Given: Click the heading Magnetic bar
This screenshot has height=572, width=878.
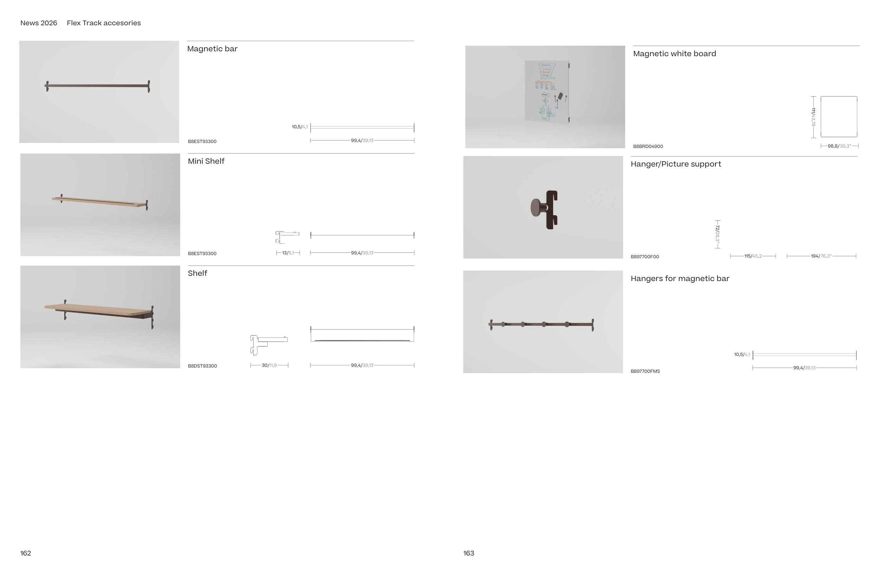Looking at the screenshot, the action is coord(212,49).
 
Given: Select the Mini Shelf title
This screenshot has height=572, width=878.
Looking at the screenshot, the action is coord(206,161).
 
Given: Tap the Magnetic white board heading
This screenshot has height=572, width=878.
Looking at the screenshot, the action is coord(674,54).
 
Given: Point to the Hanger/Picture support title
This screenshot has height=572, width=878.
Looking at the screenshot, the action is coord(675,164).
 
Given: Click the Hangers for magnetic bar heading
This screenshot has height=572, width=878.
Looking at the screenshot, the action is coord(680,279).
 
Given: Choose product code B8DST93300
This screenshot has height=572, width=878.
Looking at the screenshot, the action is coord(202,366).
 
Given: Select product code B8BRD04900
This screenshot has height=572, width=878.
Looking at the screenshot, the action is coord(648,147).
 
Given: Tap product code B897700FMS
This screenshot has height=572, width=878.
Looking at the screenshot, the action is coord(645,372).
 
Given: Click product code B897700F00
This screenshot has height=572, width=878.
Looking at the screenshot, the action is coord(644,257).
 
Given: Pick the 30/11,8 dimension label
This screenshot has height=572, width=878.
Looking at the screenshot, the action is coord(269,365).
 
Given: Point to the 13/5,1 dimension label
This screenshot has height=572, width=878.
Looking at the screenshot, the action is coord(288,253).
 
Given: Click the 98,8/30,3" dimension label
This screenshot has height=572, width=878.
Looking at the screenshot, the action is coord(839,146).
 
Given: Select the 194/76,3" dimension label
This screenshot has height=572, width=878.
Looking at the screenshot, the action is coord(821,256).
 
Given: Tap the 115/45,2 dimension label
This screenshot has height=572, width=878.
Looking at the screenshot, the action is coord(753,256).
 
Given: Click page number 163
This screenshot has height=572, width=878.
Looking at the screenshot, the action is coord(469,553).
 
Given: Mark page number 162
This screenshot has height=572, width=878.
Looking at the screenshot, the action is coord(25,553).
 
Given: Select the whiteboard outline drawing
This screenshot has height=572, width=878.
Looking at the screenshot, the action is coord(839,117).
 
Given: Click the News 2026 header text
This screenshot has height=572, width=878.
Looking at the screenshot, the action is coord(39,23).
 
